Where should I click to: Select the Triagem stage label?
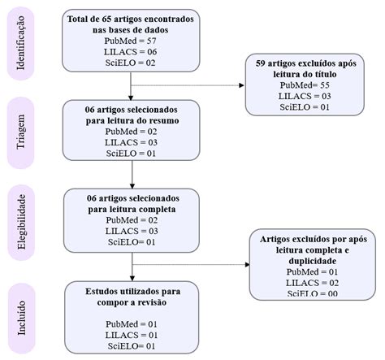click(x=23, y=132)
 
